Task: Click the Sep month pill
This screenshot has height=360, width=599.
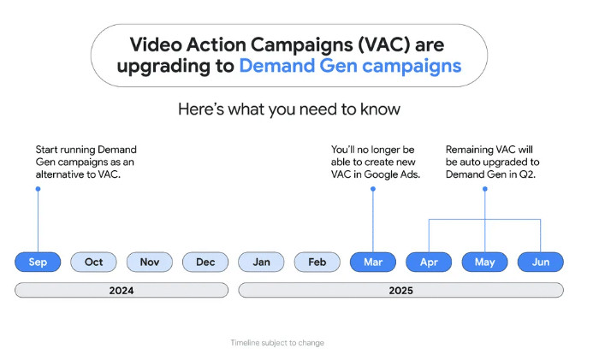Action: pyautogui.click(x=38, y=262)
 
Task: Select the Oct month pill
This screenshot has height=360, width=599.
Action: pyautogui.click(x=93, y=262)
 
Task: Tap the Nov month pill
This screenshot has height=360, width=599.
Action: pyautogui.click(x=150, y=262)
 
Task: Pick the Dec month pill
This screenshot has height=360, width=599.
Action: pyautogui.click(x=205, y=262)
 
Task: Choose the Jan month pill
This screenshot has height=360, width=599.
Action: pyautogui.click(x=261, y=262)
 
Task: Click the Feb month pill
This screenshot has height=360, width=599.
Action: pyautogui.click(x=317, y=262)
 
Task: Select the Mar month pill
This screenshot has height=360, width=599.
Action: pyautogui.click(x=373, y=262)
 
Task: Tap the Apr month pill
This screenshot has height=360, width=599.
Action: pyautogui.click(x=429, y=262)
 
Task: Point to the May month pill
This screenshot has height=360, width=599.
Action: pyautogui.click(x=485, y=262)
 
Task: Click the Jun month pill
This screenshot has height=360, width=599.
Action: pyautogui.click(x=541, y=262)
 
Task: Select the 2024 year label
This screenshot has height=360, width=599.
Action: pyautogui.click(x=122, y=291)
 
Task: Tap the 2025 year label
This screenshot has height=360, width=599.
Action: pyautogui.click(x=400, y=291)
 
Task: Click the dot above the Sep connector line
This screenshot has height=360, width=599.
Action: pyautogui.click(x=38, y=189)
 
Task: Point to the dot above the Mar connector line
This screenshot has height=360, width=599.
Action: pyautogui.click(x=373, y=189)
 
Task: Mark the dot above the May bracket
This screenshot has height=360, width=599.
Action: pyautogui.click(x=485, y=189)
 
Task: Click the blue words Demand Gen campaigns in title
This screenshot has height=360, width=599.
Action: pyautogui.click(x=350, y=66)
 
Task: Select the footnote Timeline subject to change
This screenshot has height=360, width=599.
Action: pyautogui.click(x=277, y=343)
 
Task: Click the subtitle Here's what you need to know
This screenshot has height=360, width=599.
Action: pyautogui.click(x=289, y=109)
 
